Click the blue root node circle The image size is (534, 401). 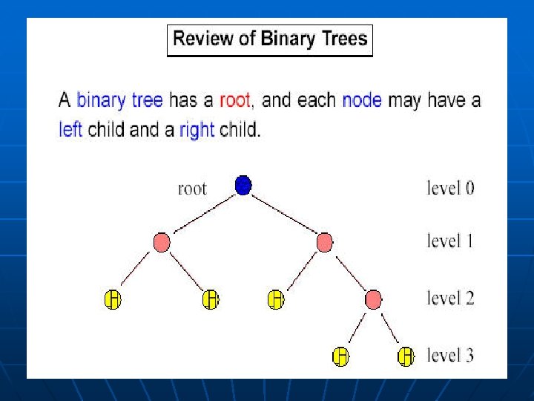coord(243,186)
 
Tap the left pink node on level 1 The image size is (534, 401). coord(162,242)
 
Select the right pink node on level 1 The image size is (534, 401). coord(325,242)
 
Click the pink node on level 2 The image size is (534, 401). coord(373,299)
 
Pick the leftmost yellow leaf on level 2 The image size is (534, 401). coord(113,299)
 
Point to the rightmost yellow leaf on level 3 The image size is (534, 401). coord(406,356)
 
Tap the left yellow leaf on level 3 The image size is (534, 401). coord(341,356)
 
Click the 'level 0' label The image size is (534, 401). coord(450,188)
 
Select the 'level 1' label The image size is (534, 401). coord(450,241)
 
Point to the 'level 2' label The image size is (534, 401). coord(450,298)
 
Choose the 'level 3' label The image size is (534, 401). coord(450,355)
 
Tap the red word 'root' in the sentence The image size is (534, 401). coord(235,100)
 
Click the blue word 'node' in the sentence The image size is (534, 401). coord(362,100)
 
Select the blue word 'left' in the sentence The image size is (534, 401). coord(70,129)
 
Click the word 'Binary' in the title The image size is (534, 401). coord(288,39)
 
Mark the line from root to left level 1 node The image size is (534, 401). coord(205,214)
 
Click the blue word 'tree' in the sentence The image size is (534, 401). coord(148,100)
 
